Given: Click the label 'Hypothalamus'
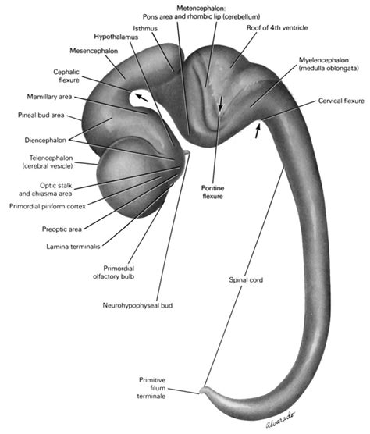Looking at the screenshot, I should pos(117,36).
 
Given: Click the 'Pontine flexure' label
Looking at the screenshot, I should pos(212,192).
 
